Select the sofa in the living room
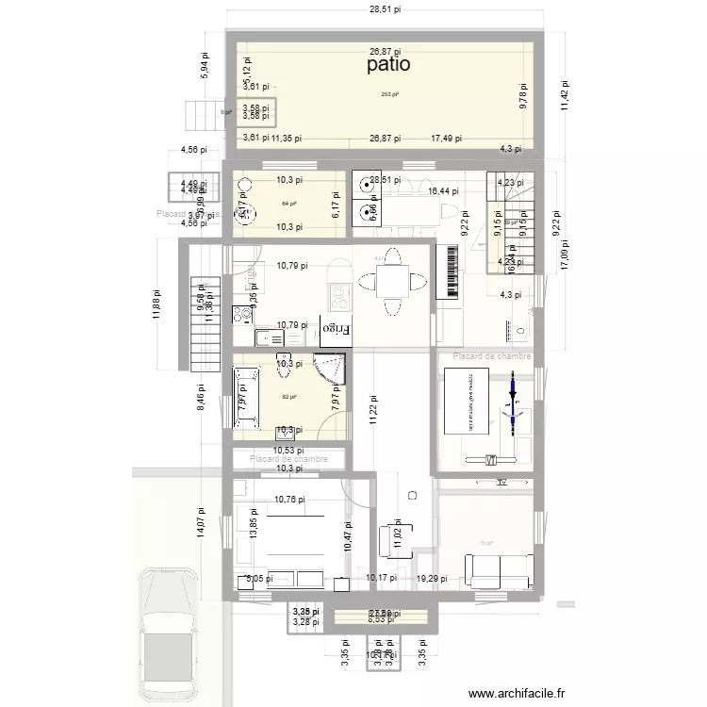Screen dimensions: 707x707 pos(499,569)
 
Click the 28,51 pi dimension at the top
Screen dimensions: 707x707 pos(385,9)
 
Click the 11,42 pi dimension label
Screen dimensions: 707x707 pos(565,94)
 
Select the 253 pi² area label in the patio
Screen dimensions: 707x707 pos(389,94)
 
